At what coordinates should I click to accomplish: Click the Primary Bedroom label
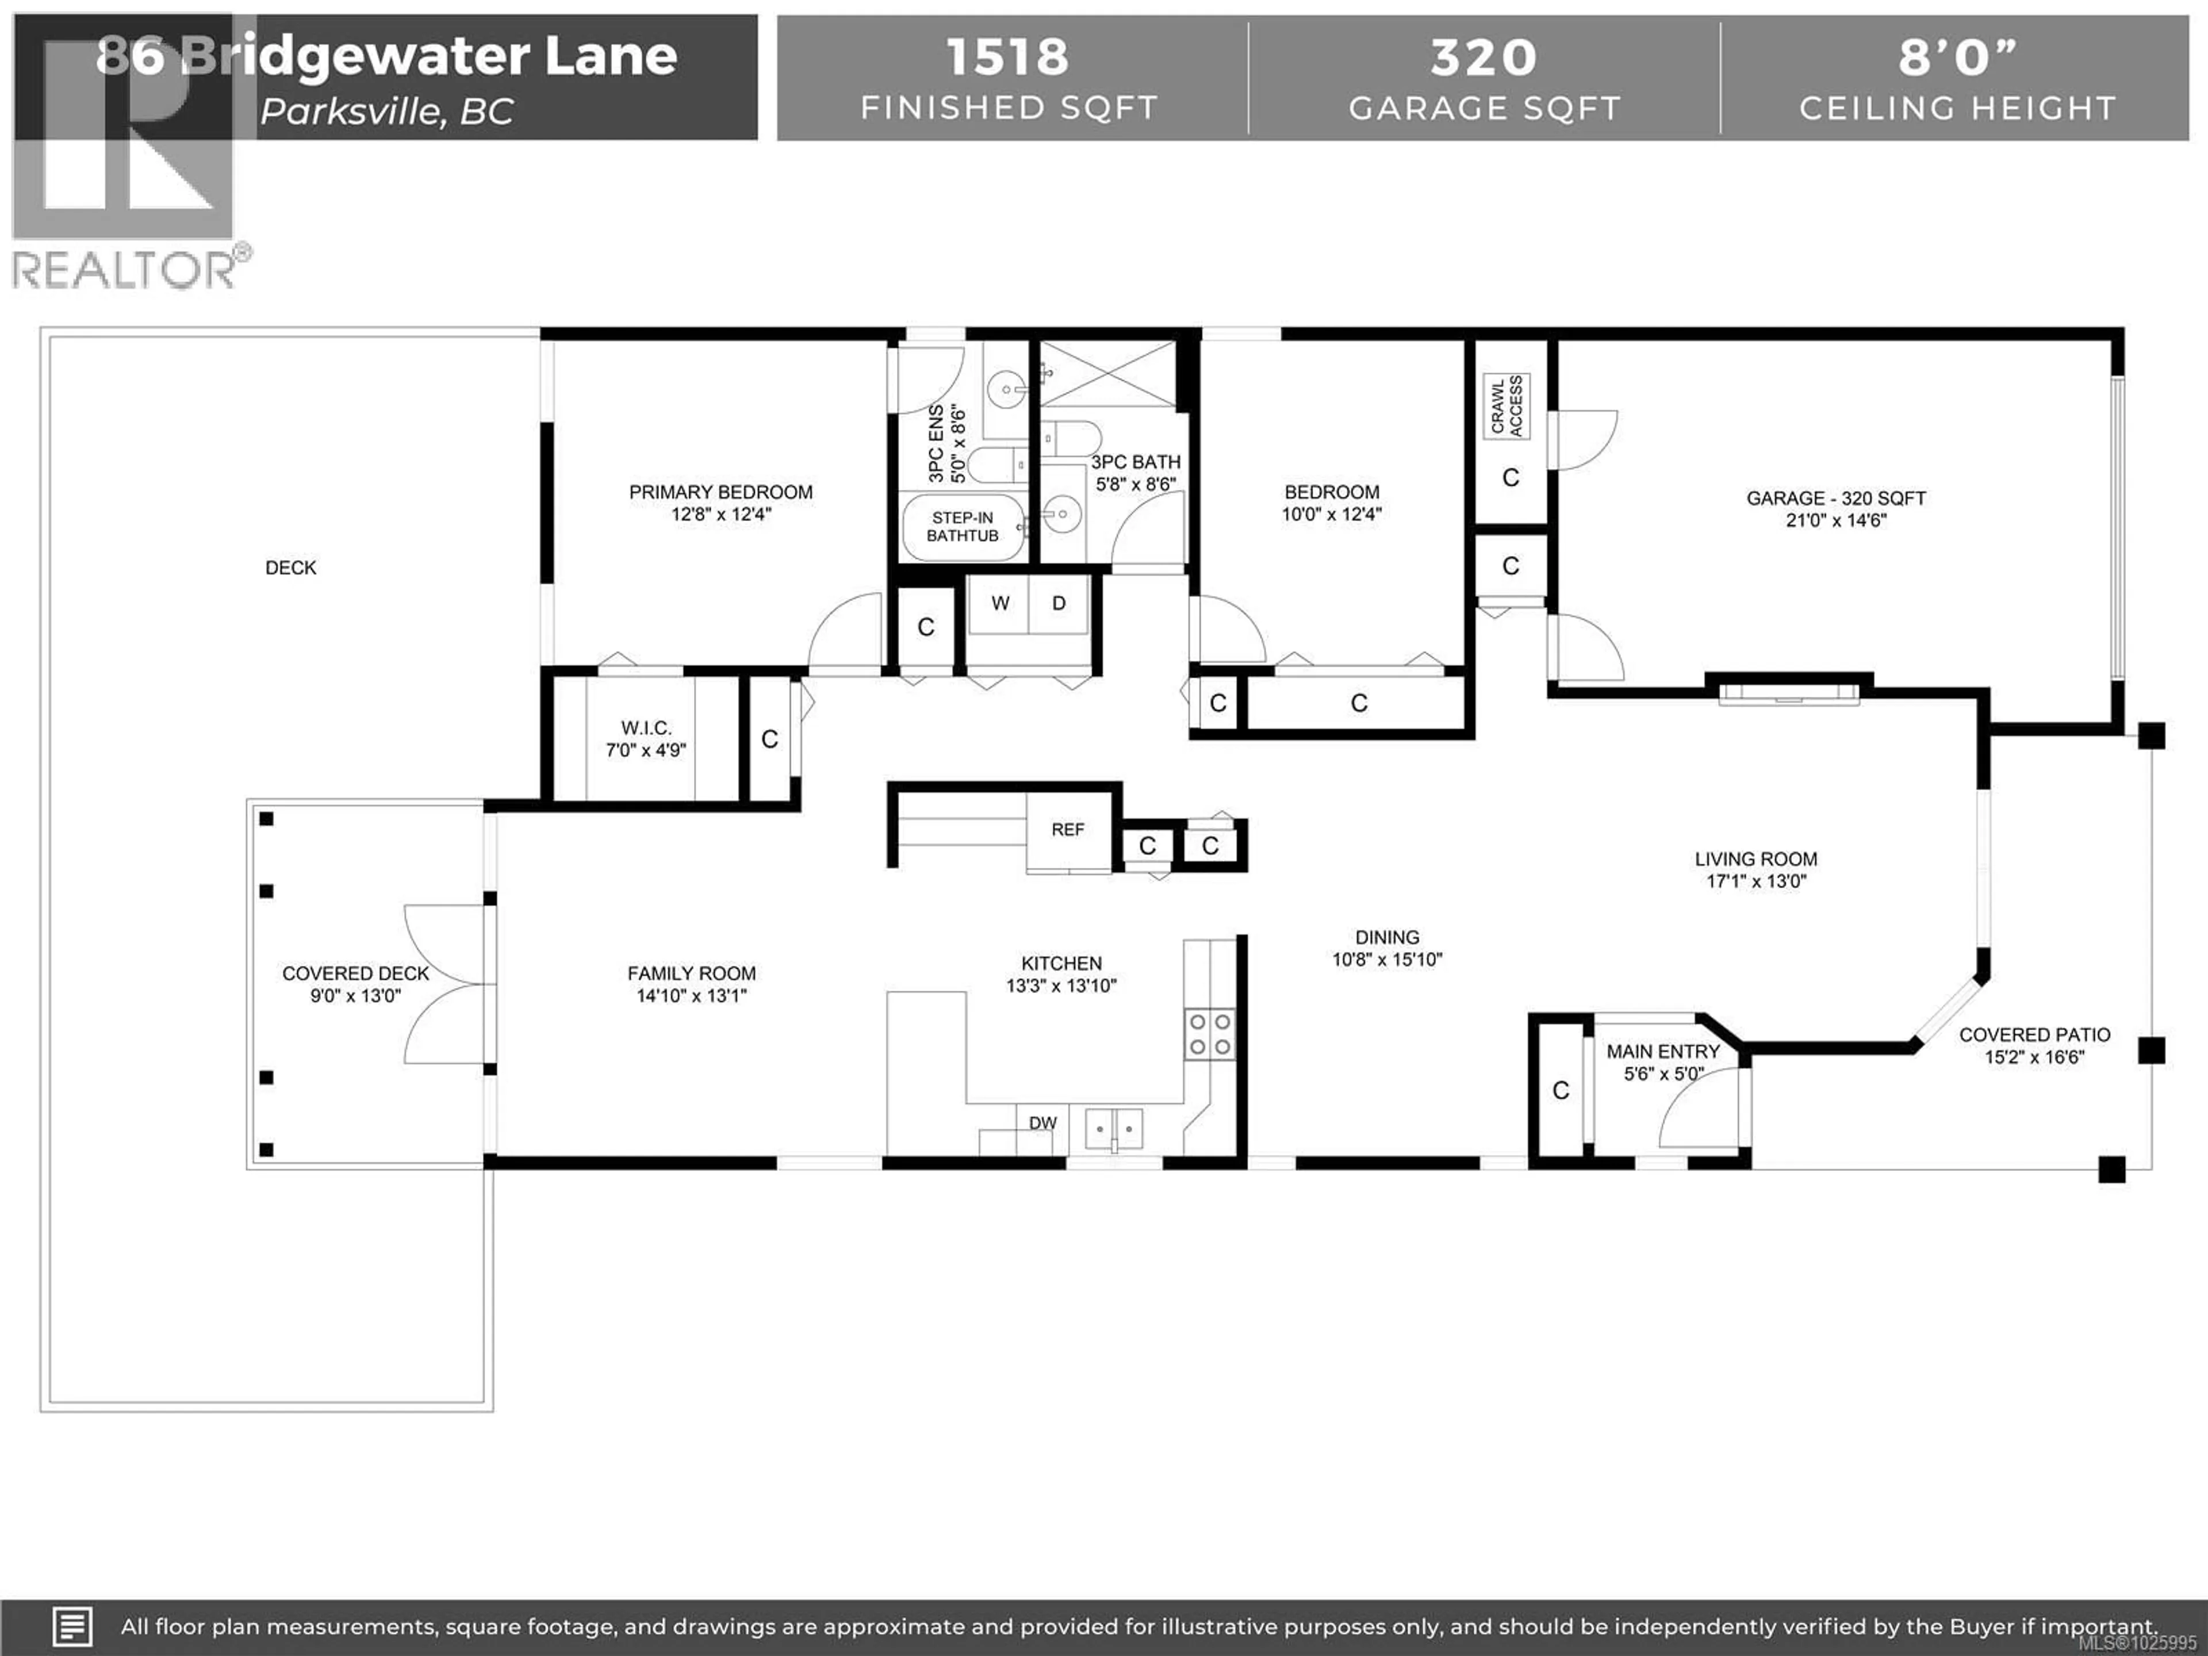tap(720, 492)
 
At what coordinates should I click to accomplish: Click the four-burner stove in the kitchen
tap(1209, 1033)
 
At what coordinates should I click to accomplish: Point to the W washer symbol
tap(1000, 603)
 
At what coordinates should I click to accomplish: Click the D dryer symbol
tap(1059, 603)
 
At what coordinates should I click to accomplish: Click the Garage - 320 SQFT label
tap(1835, 498)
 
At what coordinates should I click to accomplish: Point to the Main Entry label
tap(1663, 1051)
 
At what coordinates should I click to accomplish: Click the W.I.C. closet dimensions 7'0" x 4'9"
tap(646, 750)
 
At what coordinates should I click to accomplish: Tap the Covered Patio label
tap(2034, 1035)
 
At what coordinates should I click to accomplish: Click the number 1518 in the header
tap(1007, 57)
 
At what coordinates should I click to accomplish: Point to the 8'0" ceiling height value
tap(1957, 57)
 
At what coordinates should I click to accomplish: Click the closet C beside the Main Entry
tap(1560, 1091)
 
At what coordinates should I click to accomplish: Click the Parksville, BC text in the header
tap(388, 112)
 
